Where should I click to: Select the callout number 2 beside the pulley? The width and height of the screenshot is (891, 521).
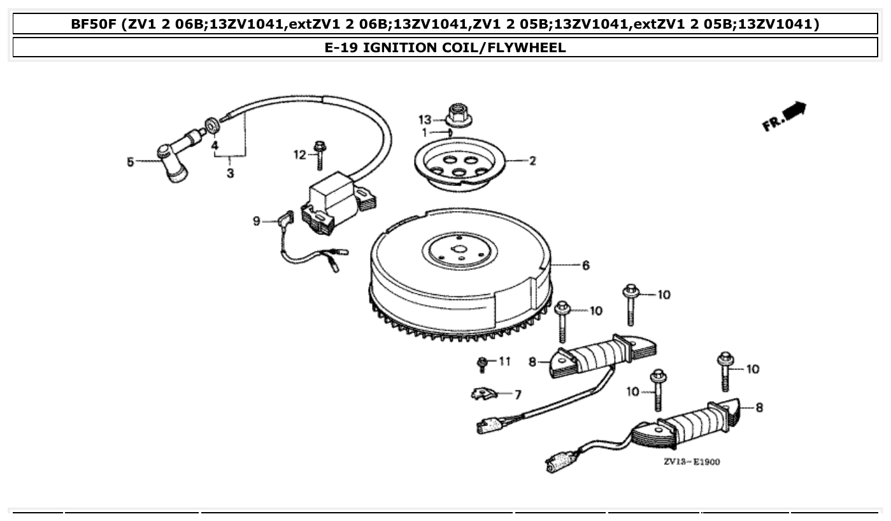point(532,161)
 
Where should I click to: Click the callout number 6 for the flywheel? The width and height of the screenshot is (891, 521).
point(585,265)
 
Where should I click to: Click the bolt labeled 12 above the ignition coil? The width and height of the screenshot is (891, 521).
point(320,155)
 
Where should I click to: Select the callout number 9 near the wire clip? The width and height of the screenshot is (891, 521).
point(256,221)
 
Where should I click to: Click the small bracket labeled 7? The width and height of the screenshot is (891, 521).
point(484,394)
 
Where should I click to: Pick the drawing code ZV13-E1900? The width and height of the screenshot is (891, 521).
point(692,462)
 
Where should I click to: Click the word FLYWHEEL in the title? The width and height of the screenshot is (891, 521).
point(526,47)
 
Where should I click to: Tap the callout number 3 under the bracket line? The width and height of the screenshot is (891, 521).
point(230,173)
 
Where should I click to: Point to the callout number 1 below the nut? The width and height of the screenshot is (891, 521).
point(424,132)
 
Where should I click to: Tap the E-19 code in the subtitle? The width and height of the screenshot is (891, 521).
point(341,47)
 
